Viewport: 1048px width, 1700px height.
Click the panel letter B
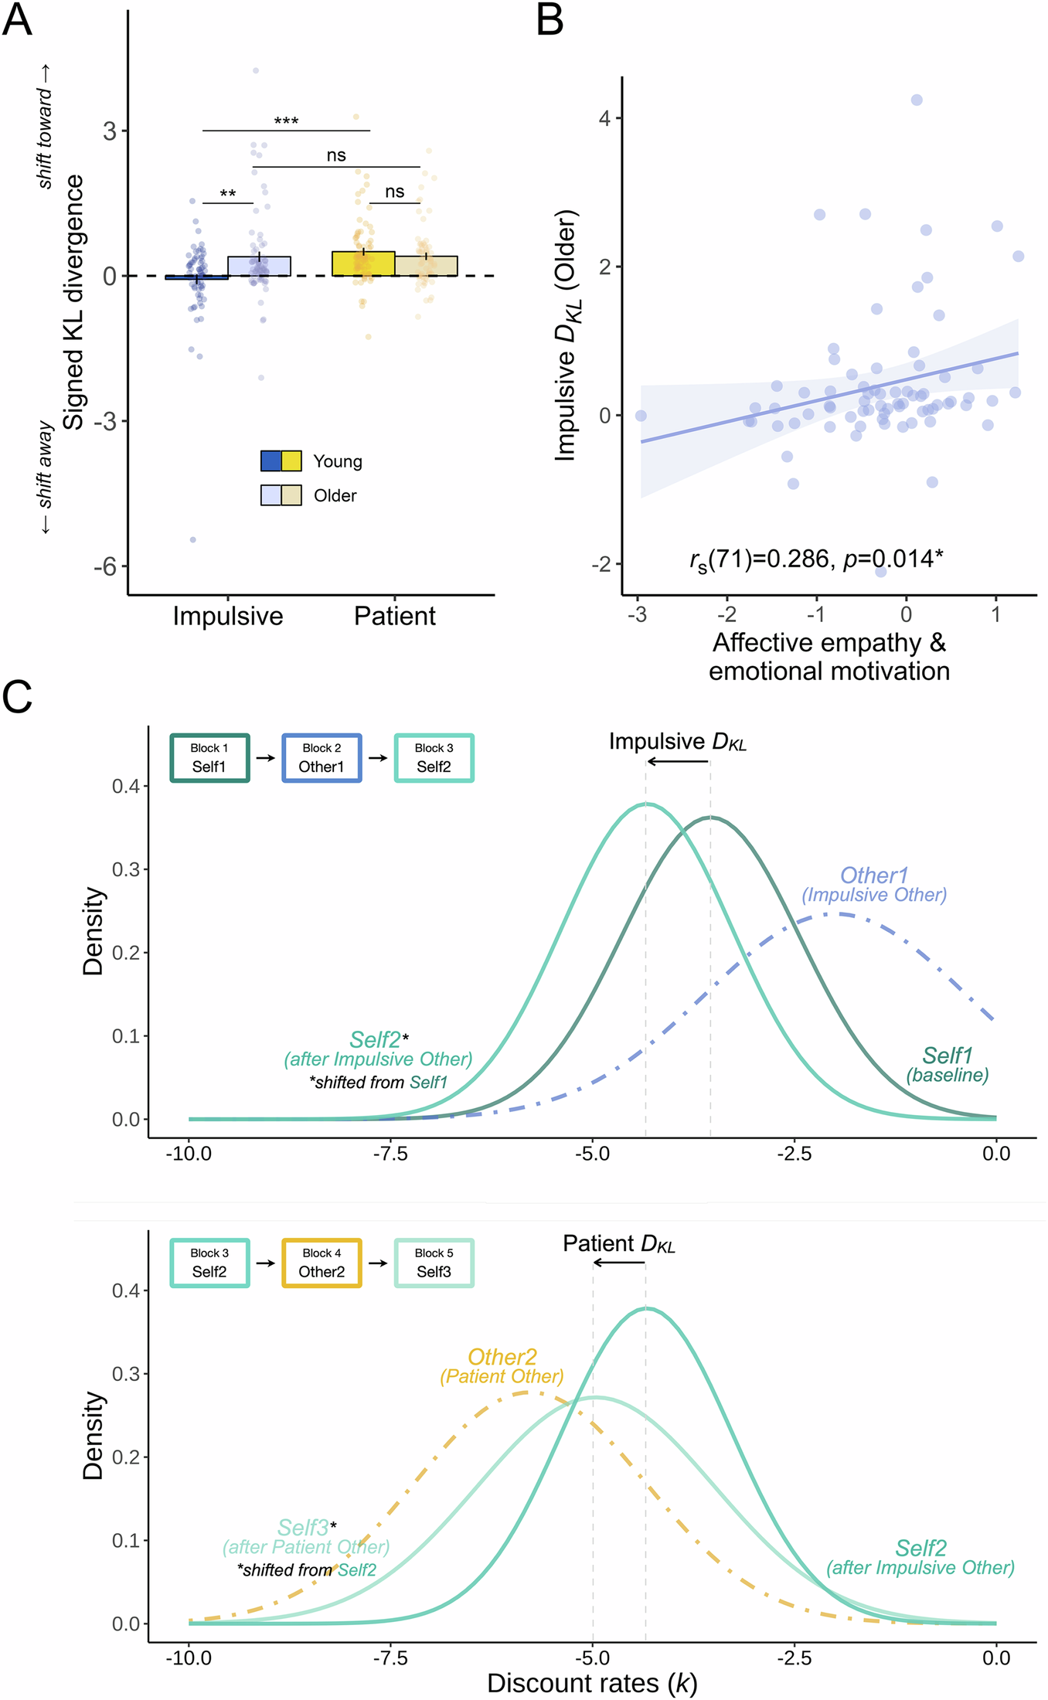[x=550, y=21]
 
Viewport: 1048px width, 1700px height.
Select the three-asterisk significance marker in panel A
[x=286, y=121]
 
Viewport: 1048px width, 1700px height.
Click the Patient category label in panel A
[x=394, y=616]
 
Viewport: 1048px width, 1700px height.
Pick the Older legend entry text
[x=335, y=495]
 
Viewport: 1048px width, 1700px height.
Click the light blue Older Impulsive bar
[x=259, y=266]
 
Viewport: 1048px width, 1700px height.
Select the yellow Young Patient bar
[x=363, y=263]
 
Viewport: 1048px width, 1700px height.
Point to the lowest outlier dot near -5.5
[x=193, y=539]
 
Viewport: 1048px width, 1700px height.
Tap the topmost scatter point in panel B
[x=917, y=100]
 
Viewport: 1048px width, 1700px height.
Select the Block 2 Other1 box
[x=322, y=758]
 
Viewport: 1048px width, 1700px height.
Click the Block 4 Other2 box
[x=322, y=1263]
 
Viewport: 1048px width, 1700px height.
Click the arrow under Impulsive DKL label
[x=678, y=762]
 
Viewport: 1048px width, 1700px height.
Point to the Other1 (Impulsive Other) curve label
[x=873, y=884]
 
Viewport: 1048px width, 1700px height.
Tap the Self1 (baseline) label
[x=948, y=1064]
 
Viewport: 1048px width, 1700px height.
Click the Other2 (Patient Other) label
[x=502, y=1366]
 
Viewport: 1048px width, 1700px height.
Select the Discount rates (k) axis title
[x=592, y=1683]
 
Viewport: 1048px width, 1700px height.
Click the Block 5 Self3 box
[x=434, y=1263]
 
